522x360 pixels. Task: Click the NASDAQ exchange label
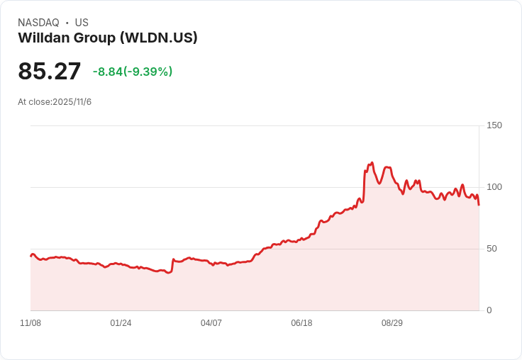[x=38, y=23]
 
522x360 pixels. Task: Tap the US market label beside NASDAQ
[x=82, y=23]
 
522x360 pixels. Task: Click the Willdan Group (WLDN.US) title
[x=108, y=38]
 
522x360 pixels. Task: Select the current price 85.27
[x=50, y=71]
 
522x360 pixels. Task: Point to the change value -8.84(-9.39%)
[x=133, y=72]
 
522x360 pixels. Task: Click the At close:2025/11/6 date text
[x=55, y=102]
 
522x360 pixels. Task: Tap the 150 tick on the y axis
[x=494, y=125]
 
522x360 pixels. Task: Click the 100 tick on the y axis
[x=494, y=187]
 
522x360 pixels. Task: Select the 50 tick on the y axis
[x=492, y=249]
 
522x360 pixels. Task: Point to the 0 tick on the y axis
[x=489, y=310]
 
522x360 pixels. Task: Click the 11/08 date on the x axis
[x=30, y=323]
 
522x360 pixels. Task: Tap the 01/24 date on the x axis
[x=121, y=323]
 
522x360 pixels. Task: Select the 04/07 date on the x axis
[x=211, y=323]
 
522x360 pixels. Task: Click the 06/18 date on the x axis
[x=301, y=323]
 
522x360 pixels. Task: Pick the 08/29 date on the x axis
[x=392, y=323]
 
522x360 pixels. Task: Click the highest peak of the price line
[x=372, y=163]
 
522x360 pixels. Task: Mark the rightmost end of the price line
[x=479, y=205]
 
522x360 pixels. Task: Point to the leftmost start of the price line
[x=30, y=256]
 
